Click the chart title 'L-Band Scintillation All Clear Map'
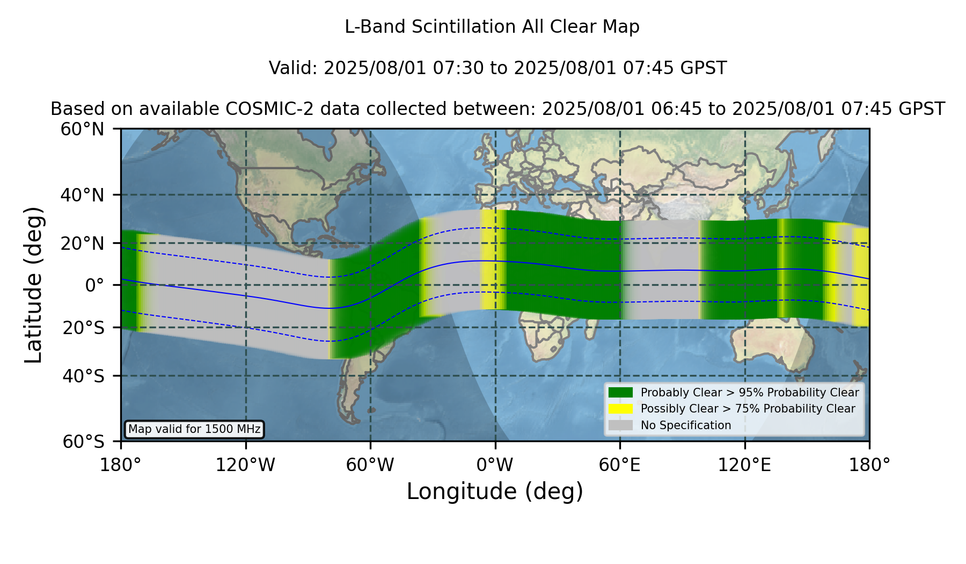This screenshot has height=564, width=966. [x=492, y=27]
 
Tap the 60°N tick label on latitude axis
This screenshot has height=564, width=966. [x=82, y=129]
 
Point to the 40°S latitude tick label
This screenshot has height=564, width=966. [x=83, y=376]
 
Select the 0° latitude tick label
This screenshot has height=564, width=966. [x=94, y=285]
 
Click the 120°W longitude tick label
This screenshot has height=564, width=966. [x=245, y=465]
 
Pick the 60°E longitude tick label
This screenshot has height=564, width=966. [x=620, y=465]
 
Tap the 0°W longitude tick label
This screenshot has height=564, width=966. [x=495, y=465]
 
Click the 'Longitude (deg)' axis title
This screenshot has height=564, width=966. [x=495, y=491]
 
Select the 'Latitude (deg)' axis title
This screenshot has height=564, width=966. [x=34, y=285]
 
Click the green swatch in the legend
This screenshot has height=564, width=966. [x=621, y=392]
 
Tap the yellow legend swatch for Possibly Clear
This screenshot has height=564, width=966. [x=621, y=409]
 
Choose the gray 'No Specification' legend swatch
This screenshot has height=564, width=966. [x=621, y=425]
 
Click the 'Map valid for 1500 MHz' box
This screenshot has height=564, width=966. [x=194, y=429]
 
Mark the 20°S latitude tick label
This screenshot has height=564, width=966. [x=83, y=327]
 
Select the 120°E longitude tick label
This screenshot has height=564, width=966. [x=744, y=465]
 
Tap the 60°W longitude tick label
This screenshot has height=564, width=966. [x=370, y=465]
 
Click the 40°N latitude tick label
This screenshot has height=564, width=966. [x=82, y=195]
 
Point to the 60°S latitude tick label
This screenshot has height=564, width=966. [x=83, y=442]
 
